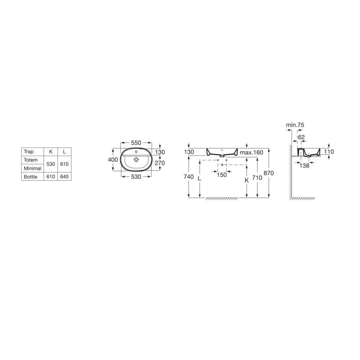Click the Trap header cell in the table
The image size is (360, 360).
(29, 151)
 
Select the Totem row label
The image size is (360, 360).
(30, 160)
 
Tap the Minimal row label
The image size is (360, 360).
(33, 168)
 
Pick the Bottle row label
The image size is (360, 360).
(30, 177)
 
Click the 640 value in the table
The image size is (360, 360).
(64, 177)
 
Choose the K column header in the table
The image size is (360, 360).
(51, 151)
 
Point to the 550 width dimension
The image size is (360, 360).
(136, 143)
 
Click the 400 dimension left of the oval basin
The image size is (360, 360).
(113, 160)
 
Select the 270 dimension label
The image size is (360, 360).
(160, 163)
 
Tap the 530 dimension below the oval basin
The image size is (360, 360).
(136, 177)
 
